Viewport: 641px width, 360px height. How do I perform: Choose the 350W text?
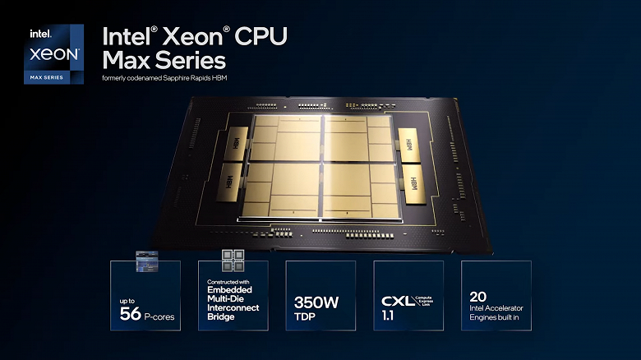(x=316, y=301)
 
